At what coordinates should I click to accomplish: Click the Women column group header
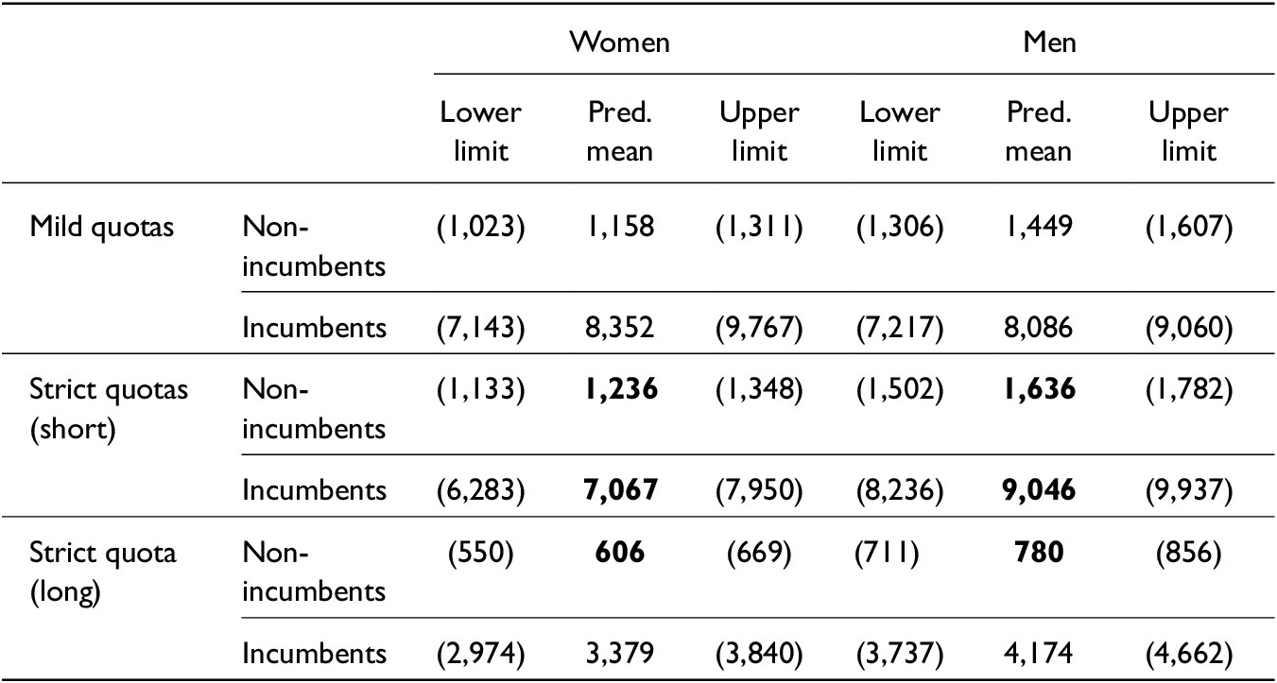(x=619, y=43)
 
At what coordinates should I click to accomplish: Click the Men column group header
(x=1049, y=43)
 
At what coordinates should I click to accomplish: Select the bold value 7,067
(x=619, y=489)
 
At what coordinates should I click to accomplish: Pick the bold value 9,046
(x=1039, y=489)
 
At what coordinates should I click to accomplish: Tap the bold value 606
(x=619, y=553)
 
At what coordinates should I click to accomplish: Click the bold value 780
(x=1039, y=553)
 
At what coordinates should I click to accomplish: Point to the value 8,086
(x=1039, y=327)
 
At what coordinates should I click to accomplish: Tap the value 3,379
(x=619, y=653)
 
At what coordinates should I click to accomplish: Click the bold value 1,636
(x=1039, y=389)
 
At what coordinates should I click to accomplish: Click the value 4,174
(x=1039, y=653)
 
